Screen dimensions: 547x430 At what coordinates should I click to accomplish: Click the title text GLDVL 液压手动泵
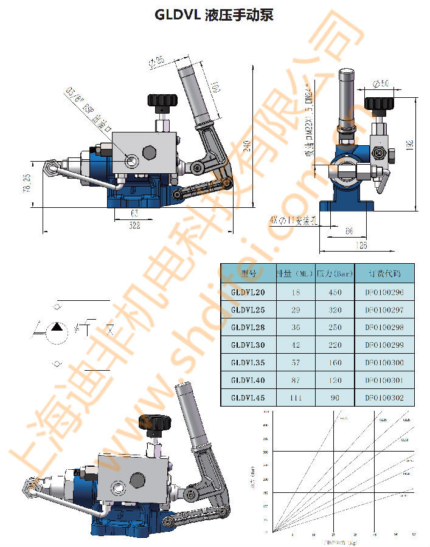click(x=214, y=15)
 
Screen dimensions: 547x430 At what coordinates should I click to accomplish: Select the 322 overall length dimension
click(x=134, y=226)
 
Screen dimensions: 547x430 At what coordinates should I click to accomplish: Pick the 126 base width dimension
click(x=361, y=246)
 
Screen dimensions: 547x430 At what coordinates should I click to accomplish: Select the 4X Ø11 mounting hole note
click(x=294, y=220)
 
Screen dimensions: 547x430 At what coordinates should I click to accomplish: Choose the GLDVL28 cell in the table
click(x=248, y=328)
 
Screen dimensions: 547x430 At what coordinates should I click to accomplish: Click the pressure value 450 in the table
click(x=335, y=292)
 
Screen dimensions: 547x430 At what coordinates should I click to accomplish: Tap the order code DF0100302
click(x=384, y=397)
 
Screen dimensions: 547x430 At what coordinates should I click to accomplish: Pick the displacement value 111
click(x=296, y=397)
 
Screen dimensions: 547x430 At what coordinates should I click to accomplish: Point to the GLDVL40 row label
click(x=248, y=380)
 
